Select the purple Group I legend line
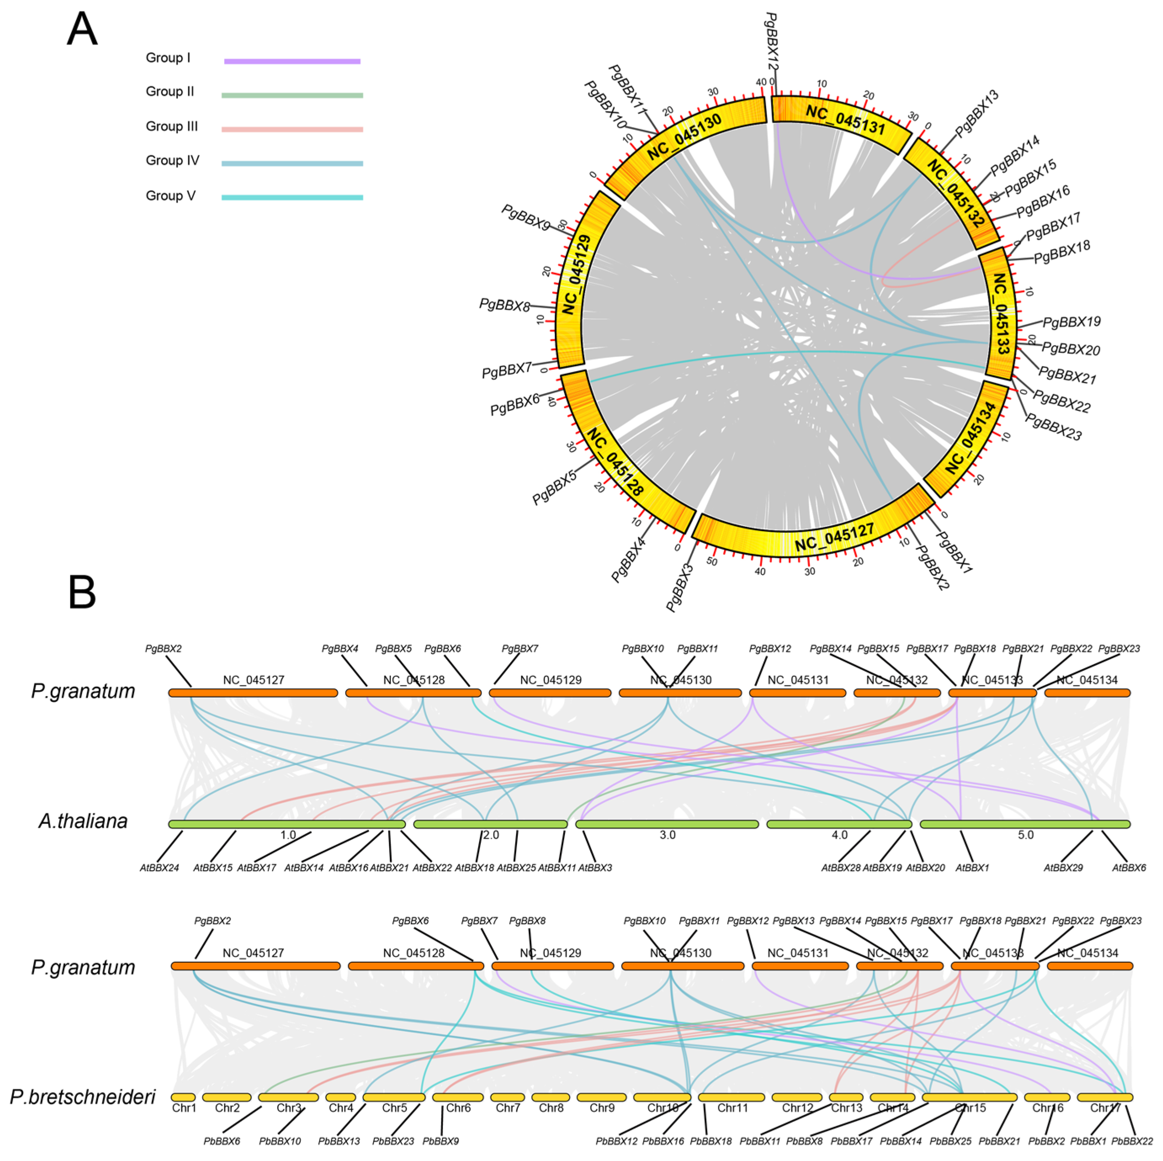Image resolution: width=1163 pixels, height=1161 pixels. point(292,61)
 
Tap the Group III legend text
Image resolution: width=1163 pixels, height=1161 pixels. point(172,127)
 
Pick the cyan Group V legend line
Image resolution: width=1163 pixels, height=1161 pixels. point(292,197)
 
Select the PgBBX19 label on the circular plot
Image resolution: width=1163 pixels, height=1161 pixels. point(1071,322)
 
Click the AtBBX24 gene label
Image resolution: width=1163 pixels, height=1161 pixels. point(159,868)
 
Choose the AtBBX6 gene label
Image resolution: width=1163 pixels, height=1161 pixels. point(1129,868)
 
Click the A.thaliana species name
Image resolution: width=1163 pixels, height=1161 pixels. point(83,821)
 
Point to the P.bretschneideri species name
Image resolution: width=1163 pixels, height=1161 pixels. point(83,1097)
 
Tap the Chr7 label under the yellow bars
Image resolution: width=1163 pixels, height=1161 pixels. point(507,1108)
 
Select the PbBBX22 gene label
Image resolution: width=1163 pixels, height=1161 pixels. point(1132,1141)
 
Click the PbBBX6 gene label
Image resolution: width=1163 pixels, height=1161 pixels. point(222,1141)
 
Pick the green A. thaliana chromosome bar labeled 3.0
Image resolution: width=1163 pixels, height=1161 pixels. point(667,824)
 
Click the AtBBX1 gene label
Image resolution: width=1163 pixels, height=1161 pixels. point(972,868)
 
